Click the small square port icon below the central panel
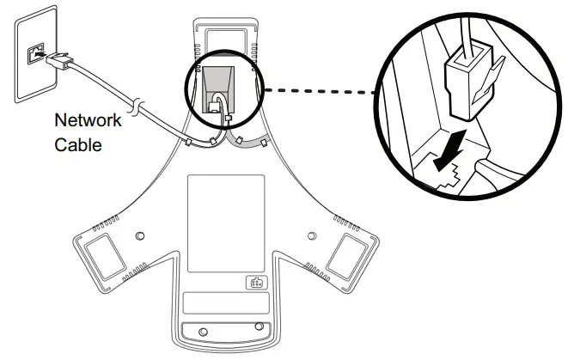(x=254, y=283)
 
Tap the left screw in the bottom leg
(x=202, y=331)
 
